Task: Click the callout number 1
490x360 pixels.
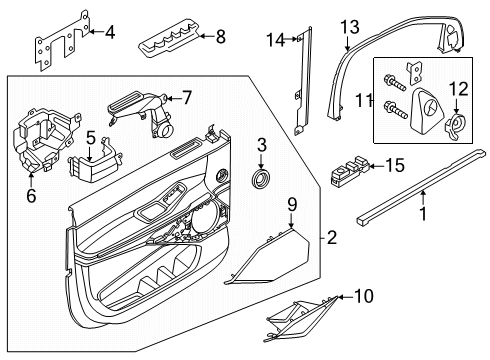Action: coord(422,213)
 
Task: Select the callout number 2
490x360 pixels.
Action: coord(332,237)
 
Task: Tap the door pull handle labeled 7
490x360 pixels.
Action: coord(140,108)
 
